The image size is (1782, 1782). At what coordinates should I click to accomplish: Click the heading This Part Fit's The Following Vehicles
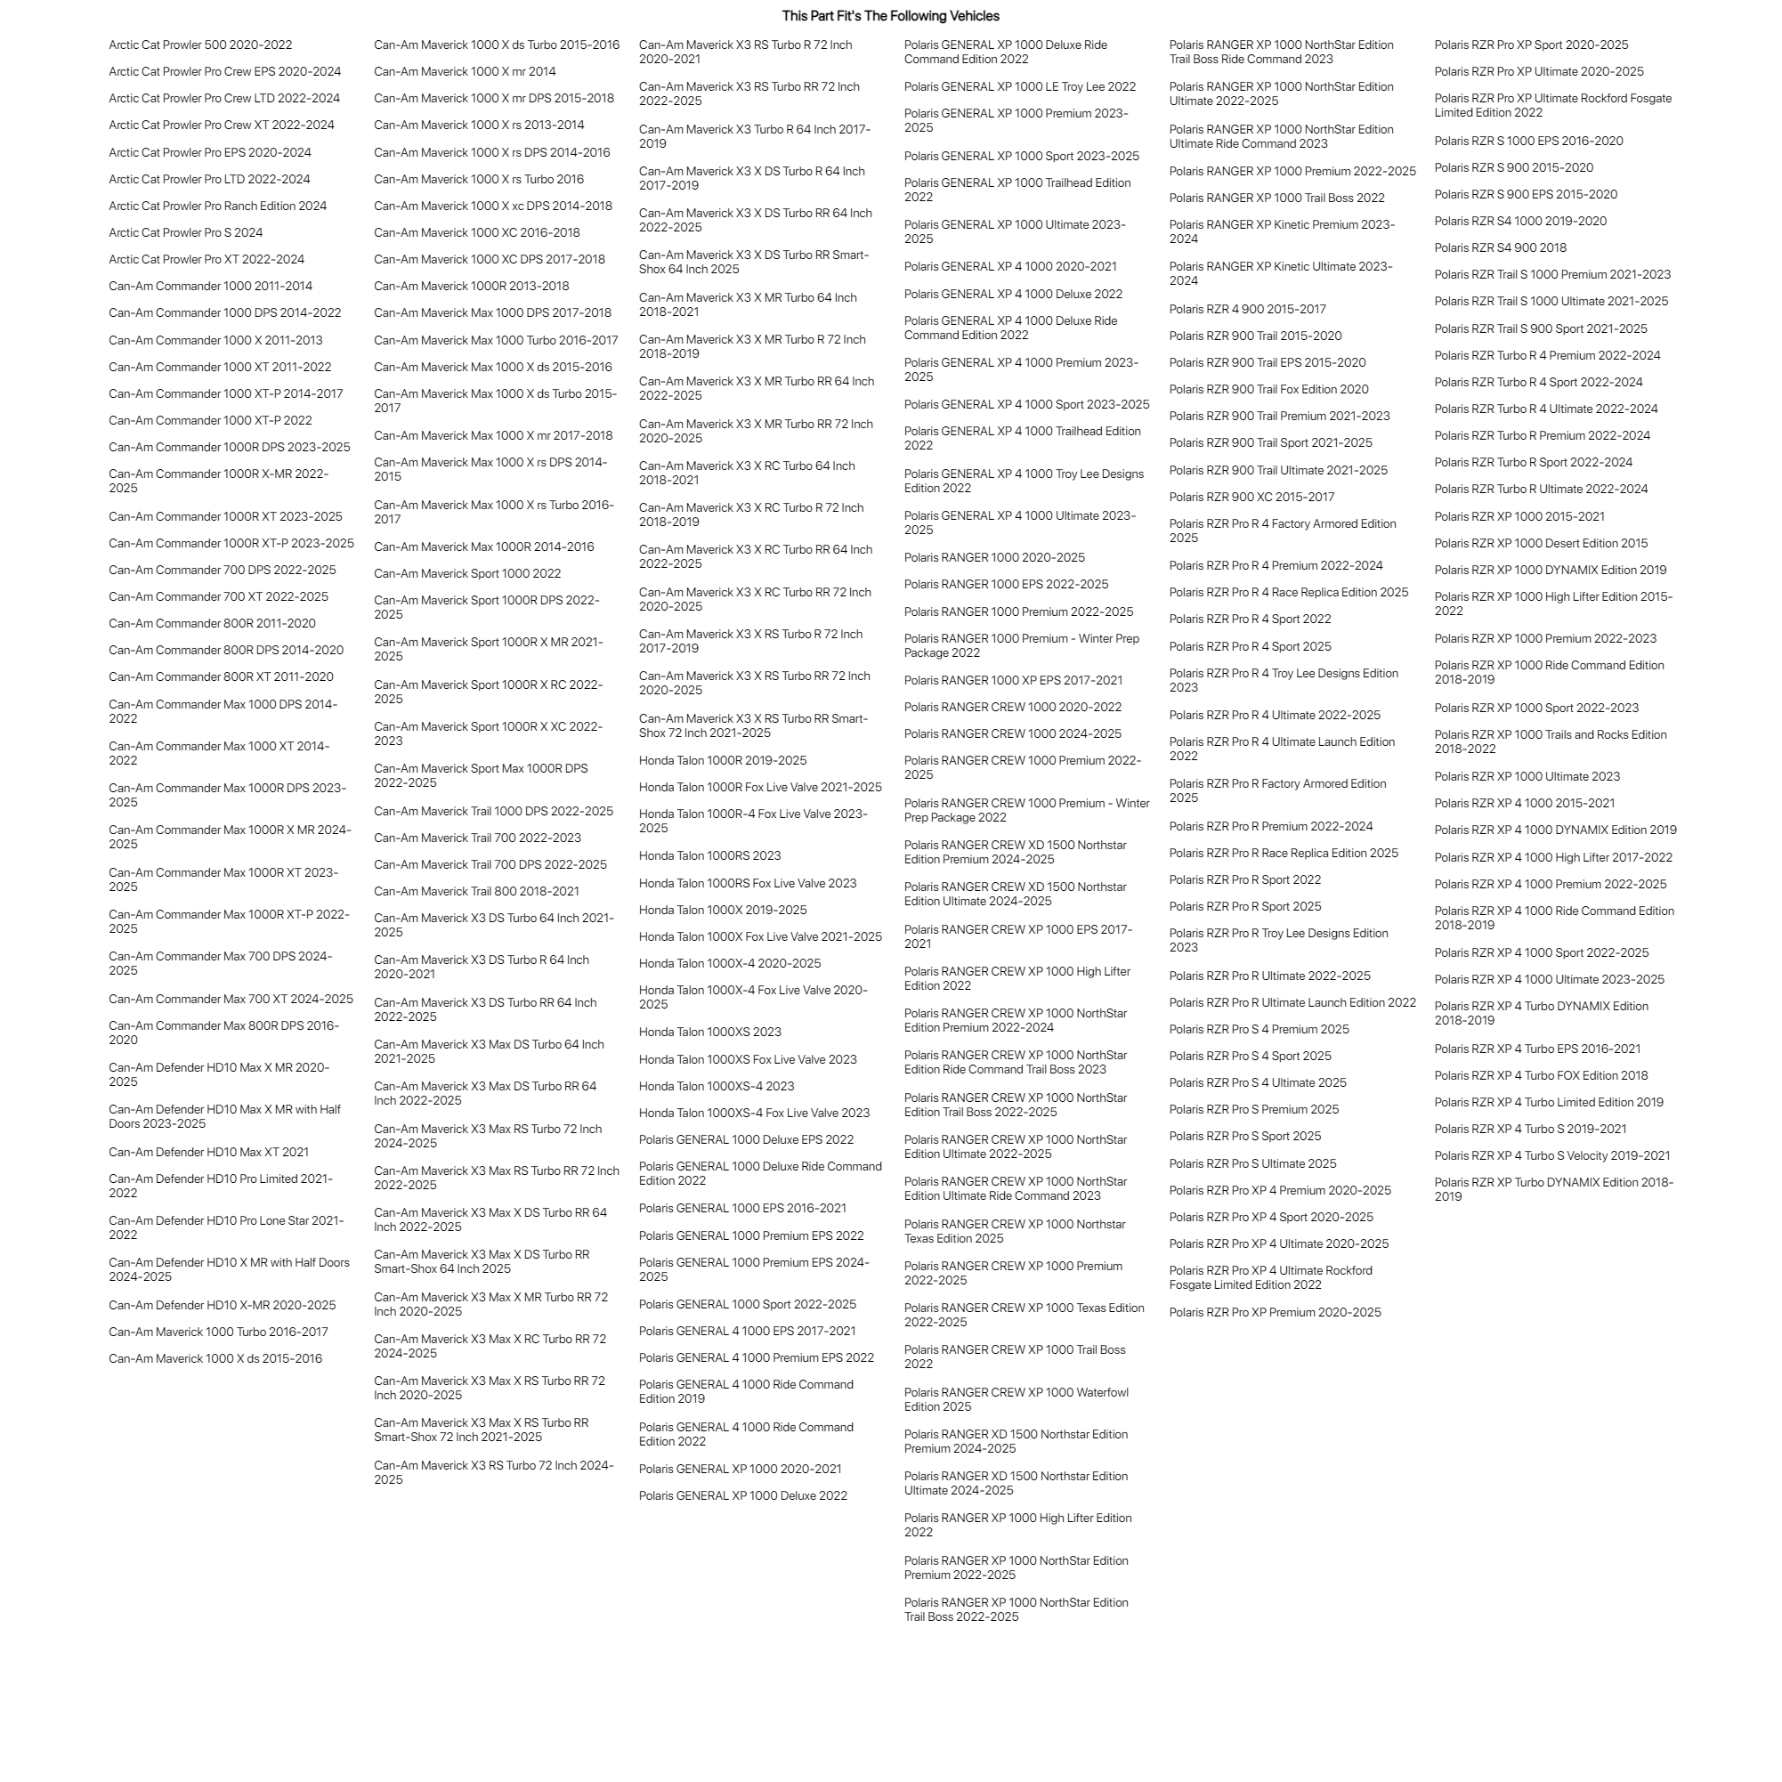click(x=890, y=16)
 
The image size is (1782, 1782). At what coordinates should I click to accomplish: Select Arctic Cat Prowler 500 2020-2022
click(x=200, y=45)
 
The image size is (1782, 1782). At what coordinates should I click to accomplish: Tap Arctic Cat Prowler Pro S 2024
click(x=185, y=232)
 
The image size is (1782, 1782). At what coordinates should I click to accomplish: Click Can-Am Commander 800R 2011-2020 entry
click(x=212, y=623)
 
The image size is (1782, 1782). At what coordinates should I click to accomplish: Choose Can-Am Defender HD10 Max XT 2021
click(x=208, y=1152)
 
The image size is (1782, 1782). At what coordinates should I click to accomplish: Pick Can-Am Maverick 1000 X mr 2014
click(x=465, y=72)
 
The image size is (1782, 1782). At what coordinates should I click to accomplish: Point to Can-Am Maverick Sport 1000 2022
click(x=466, y=574)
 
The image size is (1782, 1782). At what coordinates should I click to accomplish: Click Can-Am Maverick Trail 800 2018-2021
click(x=476, y=891)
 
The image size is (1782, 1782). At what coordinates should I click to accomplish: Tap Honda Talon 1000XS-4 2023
click(x=716, y=1087)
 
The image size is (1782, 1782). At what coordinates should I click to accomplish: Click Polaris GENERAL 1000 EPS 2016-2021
click(x=741, y=1208)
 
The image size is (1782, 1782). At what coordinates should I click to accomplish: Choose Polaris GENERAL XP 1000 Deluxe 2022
click(x=742, y=1496)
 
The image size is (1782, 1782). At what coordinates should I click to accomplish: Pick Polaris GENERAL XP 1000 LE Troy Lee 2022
click(x=1019, y=86)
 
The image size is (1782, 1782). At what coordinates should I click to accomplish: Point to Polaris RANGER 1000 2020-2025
click(x=994, y=558)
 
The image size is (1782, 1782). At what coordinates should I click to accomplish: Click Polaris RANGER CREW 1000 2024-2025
click(x=1013, y=734)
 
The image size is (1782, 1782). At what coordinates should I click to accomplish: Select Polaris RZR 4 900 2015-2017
click(x=1247, y=309)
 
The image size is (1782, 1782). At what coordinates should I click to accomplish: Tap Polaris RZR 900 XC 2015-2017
click(x=1251, y=498)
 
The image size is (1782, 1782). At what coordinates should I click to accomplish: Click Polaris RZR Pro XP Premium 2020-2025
click(x=1275, y=1313)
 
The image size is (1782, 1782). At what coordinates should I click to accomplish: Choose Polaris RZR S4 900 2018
click(x=1500, y=248)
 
